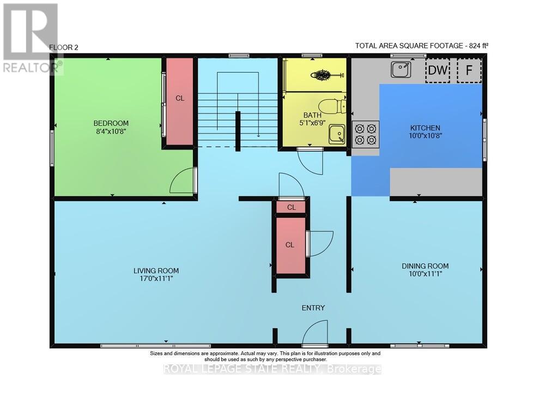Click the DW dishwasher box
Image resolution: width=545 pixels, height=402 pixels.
(x=438, y=70)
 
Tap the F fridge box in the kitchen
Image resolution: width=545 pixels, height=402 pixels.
(x=469, y=70)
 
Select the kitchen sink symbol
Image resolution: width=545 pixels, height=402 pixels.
(x=400, y=70)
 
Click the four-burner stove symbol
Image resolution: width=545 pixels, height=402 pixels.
(x=366, y=135)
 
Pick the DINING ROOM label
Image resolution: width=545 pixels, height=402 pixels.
(x=425, y=266)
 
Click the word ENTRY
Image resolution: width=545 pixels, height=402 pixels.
(x=313, y=308)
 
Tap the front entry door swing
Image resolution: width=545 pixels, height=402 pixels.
(x=315, y=332)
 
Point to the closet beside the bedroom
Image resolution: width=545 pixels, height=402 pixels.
(x=179, y=100)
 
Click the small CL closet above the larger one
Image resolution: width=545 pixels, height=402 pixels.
(x=291, y=207)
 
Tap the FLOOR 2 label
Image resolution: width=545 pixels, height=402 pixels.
(x=64, y=47)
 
